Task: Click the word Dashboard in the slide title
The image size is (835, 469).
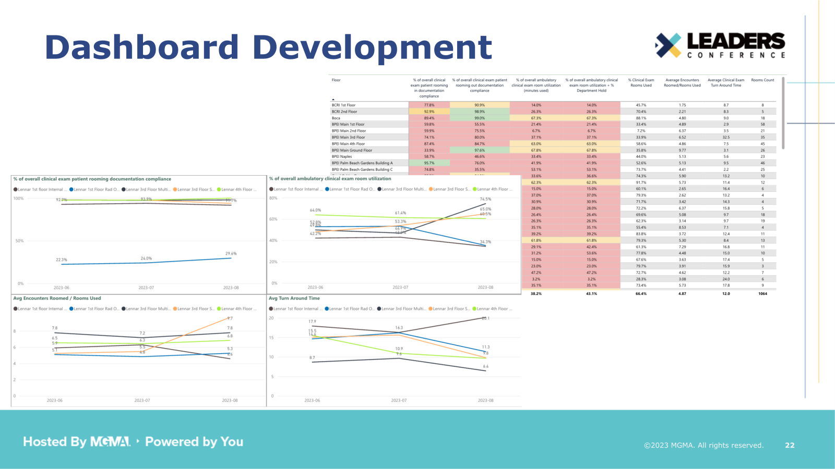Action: pyautogui.click(x=141, y=47)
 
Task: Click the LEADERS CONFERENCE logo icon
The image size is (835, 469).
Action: pyautogui.click(x=668, y=45)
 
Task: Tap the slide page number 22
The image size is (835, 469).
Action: pyautogui.click(x=790, y=445)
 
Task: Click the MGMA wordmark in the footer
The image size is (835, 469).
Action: pyautogui.click(x=110, y=442)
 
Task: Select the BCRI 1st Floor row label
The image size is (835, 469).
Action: pyautogui.click(x=343, y=105)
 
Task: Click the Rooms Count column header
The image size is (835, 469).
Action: pyautogui.click(x=762, y=80)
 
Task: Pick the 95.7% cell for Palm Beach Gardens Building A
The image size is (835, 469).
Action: pyautogui.click(x=429, y=163)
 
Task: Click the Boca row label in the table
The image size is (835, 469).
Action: pyautogui.click(x=336, y=118)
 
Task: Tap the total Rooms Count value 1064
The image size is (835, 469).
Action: pyautogui.click(x=762, y=294)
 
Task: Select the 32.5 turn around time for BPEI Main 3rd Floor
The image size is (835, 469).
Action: pyautogui.click(x=726, y=138)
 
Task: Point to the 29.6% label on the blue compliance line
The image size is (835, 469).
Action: pyautogui.click(x=231, y=254)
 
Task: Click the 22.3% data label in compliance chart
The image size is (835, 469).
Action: pyautogui.click(x=62, y=260)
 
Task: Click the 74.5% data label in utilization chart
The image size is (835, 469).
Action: pyautogui.click(x=485, y=199)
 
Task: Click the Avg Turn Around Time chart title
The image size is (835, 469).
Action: pyautogui.click(x=294, y=298)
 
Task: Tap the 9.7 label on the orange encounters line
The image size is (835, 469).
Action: pyautogui.click(x=230, y=318)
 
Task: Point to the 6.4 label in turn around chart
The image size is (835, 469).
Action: pyautogui.click(x=485, y=366)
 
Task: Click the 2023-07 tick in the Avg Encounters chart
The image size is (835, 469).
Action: pyautogui.click(x=142, y=400)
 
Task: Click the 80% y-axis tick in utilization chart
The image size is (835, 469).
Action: pyautogui.click(x=273, y=198)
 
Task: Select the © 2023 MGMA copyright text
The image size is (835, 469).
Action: pyautogui.click(x=703, y=445)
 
